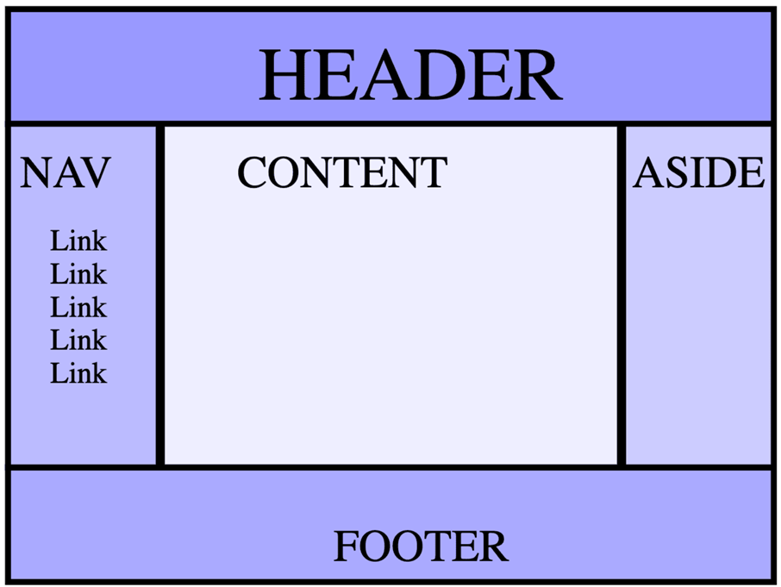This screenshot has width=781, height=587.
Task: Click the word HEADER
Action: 411,75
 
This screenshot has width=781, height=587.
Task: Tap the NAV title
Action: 66,172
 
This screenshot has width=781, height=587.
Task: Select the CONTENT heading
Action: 342,172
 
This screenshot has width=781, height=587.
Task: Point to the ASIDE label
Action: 698,172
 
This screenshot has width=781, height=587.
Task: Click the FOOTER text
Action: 421,546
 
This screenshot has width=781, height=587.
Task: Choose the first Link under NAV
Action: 78,241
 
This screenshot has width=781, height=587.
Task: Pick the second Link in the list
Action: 78,274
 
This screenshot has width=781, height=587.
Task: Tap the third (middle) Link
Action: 78,307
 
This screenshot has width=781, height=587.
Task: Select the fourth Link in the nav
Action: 78,340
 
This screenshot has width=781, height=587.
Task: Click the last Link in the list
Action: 78,373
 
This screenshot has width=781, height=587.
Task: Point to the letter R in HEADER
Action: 537,75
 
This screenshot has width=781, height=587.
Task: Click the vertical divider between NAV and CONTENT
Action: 159,296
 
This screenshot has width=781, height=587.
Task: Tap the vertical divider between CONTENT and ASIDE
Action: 622,296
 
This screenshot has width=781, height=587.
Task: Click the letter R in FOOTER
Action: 494,546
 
